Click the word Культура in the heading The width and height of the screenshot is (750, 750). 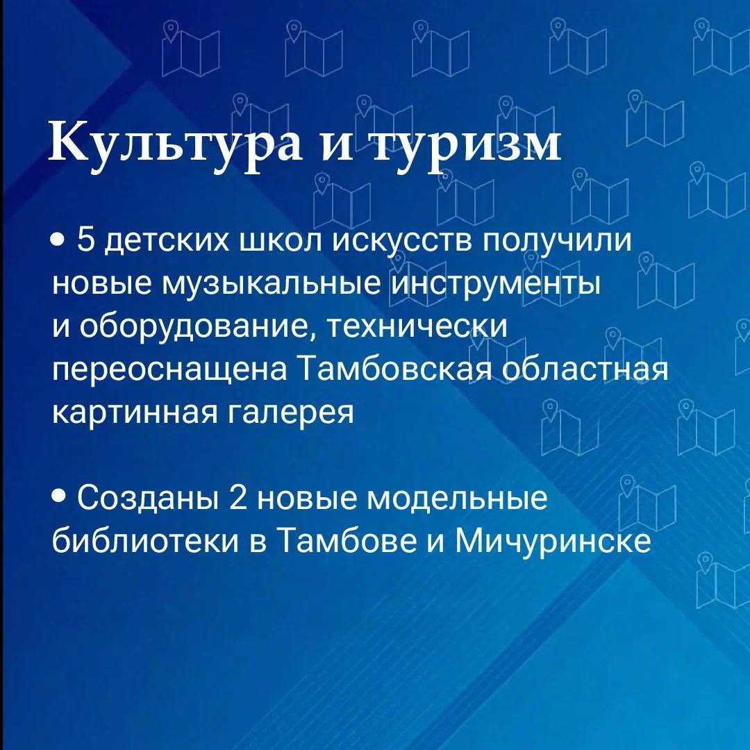(x=175, y=143)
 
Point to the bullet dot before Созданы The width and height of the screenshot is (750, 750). (x=58, y=497)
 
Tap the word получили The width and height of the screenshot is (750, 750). (x=557, y=240)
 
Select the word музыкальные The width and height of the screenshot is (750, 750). (x=272, y=284)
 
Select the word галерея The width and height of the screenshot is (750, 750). (x=290, y=412)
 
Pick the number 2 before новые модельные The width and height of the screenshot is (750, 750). (x=237, y=497)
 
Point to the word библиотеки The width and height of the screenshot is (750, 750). (x=145, y=540)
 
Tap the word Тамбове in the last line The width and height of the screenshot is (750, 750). (x=347, y=540)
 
